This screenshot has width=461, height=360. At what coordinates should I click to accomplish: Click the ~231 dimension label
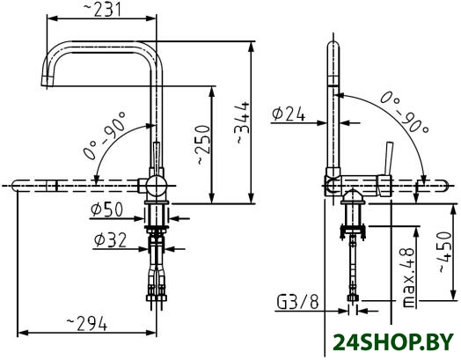click(102, 9)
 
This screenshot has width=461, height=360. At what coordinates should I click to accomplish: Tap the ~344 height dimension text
click(243, 123)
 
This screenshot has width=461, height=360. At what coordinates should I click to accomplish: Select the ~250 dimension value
click(204, 144)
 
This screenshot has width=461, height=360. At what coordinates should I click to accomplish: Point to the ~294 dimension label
click(86, 324)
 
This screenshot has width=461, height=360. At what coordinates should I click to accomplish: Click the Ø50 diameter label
click(106, 209)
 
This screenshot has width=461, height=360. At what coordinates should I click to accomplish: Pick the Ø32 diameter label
click(110, 239)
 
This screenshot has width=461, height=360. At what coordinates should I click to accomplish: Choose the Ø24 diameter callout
click(289, 114)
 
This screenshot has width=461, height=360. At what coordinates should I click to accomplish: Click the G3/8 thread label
click(297, 303)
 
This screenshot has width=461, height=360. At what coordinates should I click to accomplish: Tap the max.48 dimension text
click(407, 277)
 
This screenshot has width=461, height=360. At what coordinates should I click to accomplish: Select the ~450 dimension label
click(443, 252)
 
